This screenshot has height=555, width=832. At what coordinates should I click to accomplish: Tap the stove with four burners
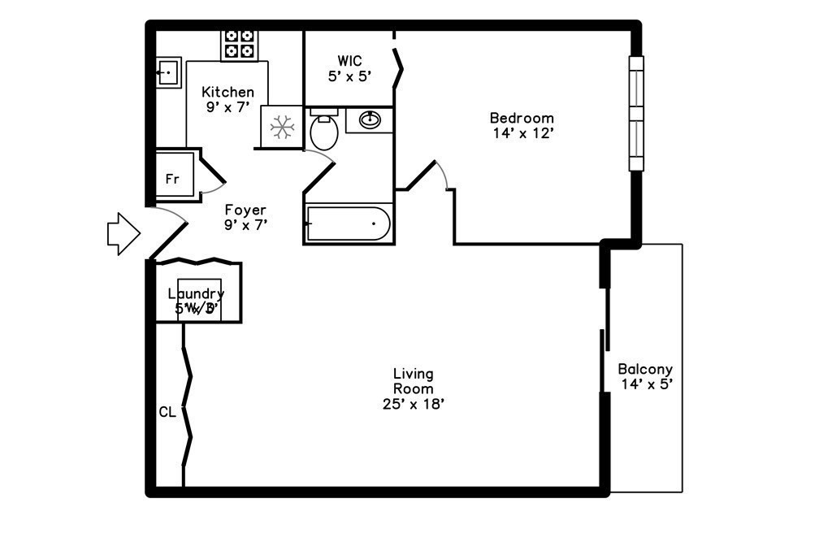[240, 44]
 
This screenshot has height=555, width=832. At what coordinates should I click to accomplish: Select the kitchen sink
[168, 72]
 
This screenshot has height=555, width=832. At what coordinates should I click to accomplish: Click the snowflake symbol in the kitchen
[281, 127]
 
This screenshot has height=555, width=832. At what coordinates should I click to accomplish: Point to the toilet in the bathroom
[324, 131]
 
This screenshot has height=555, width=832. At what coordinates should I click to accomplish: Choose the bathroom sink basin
[370, 120]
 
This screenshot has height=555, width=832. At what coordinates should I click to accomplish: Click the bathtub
[349, 223]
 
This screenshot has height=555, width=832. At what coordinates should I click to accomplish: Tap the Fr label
[172, 180]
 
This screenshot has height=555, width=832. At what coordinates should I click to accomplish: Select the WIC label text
[349, 61]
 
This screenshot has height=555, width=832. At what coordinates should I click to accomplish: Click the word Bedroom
[522, 119]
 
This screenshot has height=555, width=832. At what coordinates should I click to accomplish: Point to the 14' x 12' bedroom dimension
[522, 133]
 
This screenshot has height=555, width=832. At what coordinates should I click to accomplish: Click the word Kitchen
[227, 93]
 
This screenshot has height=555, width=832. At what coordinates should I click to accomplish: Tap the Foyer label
[245, 210]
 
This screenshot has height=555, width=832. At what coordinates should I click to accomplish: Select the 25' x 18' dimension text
[414, 404]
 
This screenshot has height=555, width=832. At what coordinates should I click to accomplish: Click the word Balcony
[645, 369]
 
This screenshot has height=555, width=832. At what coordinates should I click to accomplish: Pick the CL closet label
[167, 412]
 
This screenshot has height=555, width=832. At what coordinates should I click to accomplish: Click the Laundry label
[196, 293]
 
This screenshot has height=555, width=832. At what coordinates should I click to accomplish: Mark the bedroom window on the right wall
[635, 113]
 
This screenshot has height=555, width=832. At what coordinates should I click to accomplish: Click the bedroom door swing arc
[443, 174]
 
